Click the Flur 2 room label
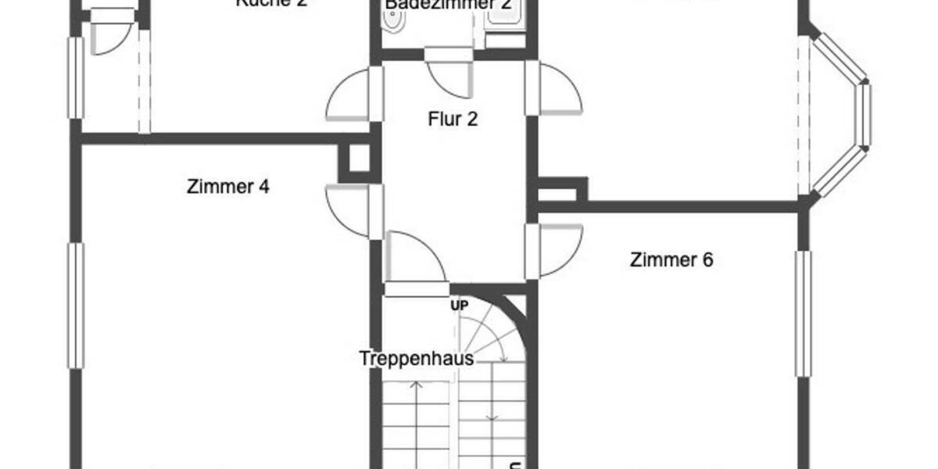(453, 120)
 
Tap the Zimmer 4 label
(228, 187)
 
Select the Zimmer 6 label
(671, 260)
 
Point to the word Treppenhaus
(417, 359)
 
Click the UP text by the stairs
(459, 306)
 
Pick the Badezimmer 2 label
(449, 5)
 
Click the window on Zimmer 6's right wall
(803, 313)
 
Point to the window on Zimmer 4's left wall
(76, 305)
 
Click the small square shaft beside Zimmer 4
(360, 162)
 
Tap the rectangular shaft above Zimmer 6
(561, 190)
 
